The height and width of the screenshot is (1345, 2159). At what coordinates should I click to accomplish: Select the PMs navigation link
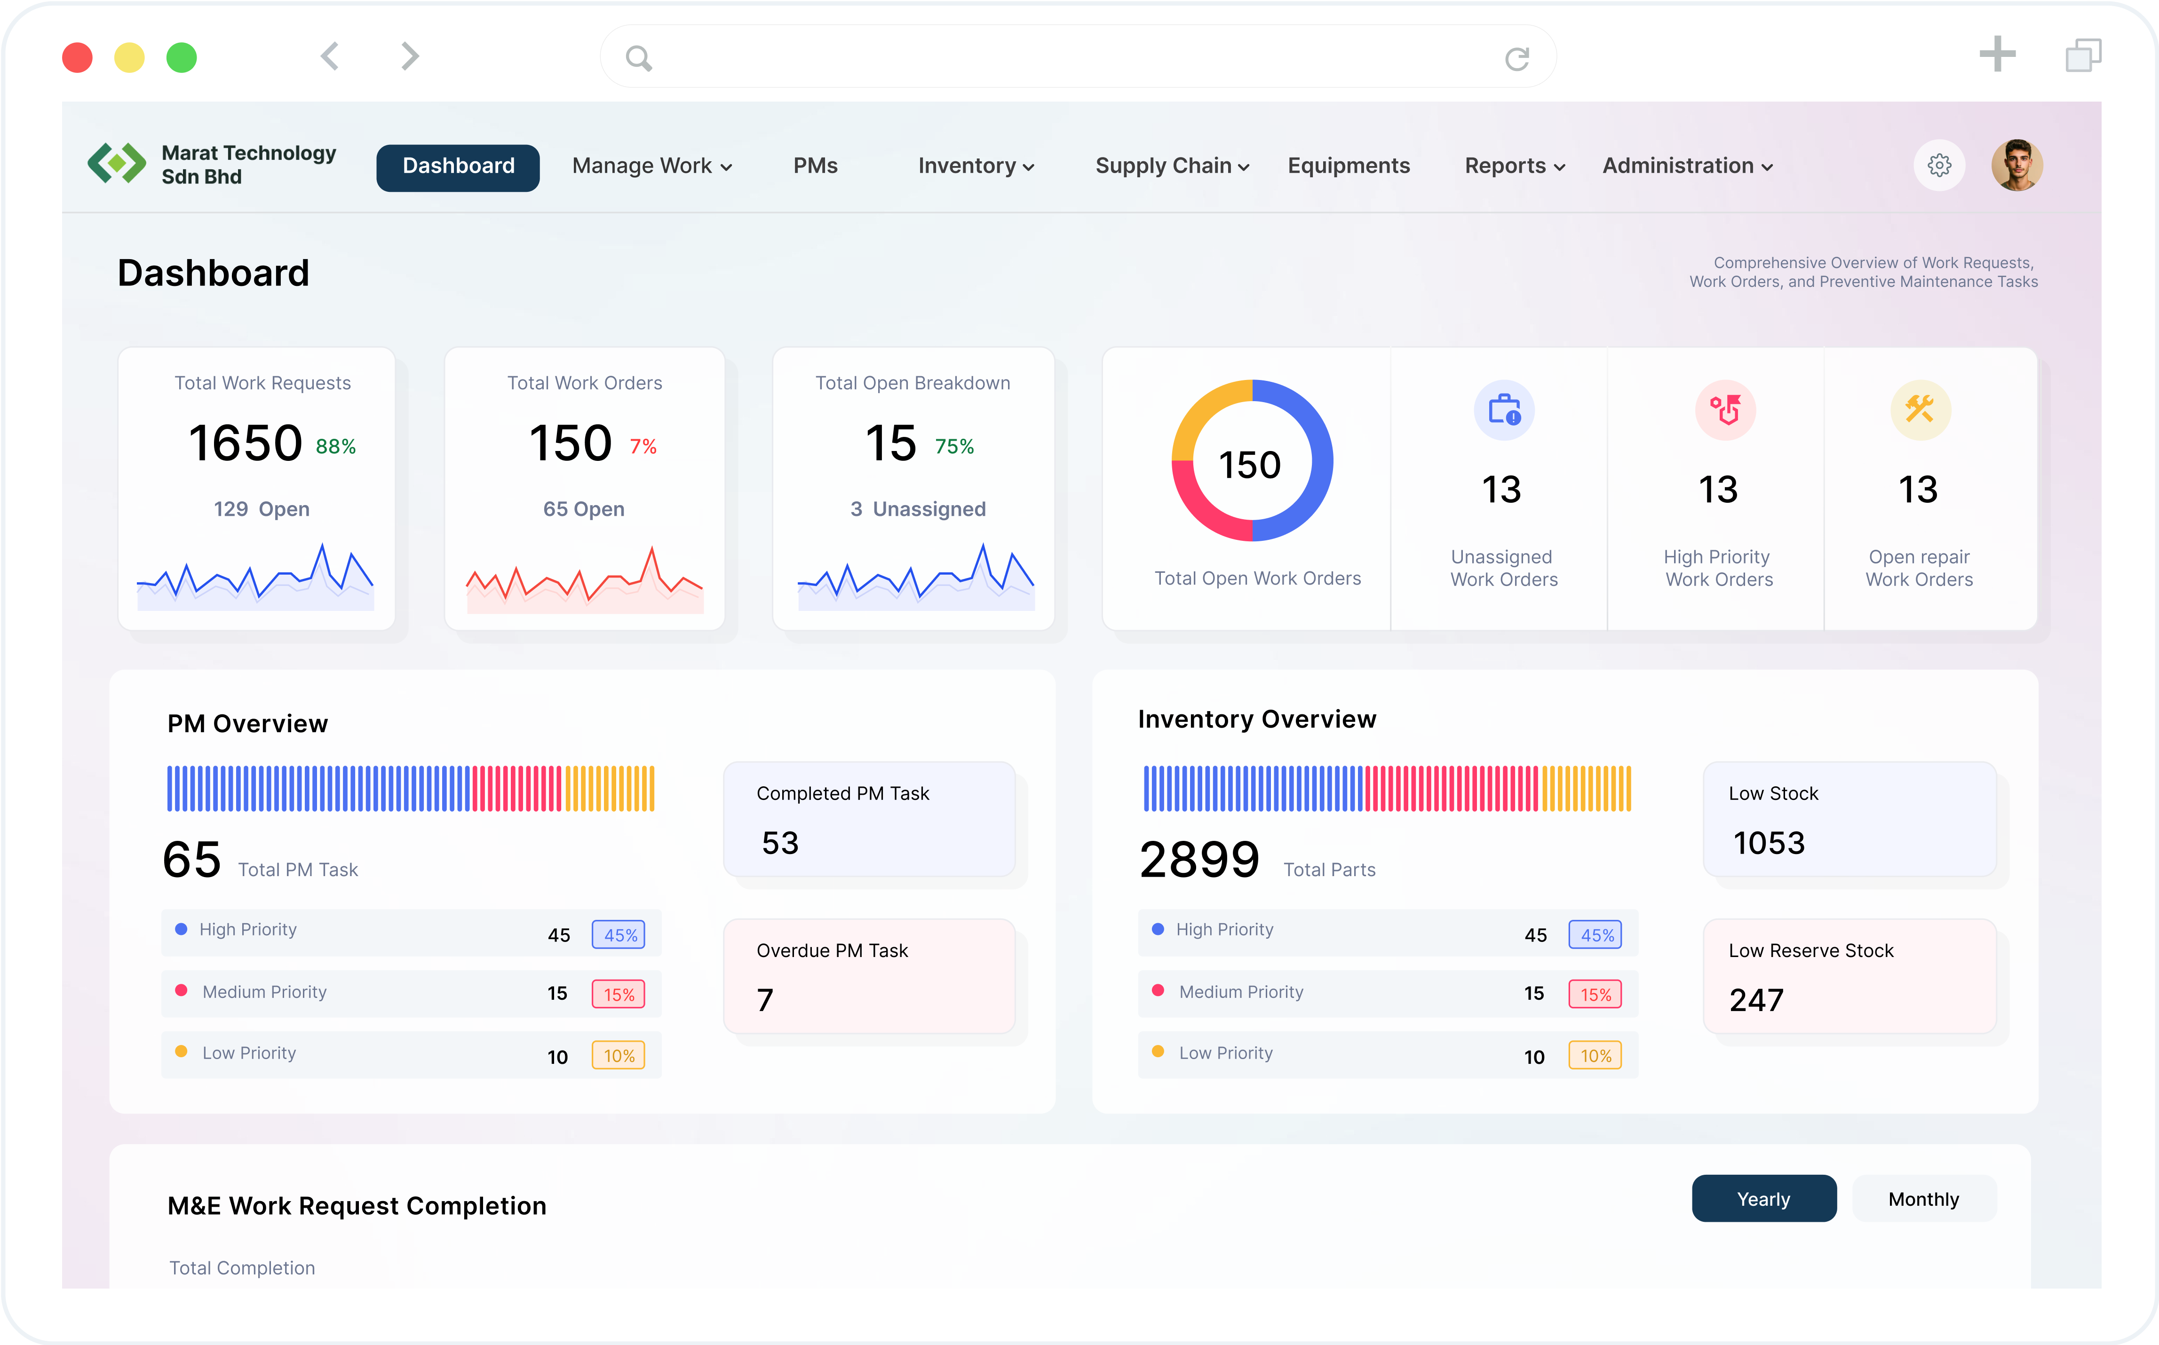tap(815, 166)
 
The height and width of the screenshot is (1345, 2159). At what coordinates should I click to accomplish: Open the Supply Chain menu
tap(1172, 166)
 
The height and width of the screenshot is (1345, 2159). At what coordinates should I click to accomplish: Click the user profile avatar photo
tap(2016, 166)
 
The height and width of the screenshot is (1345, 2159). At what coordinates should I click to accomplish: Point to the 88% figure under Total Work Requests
tap(335, 447)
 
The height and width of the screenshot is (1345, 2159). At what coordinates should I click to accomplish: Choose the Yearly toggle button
tap(1762, 1199)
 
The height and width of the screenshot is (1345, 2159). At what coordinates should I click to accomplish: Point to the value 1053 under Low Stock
tap(1769, 842)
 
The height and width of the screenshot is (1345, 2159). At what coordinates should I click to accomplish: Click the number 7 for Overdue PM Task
tap(765, 1000)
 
